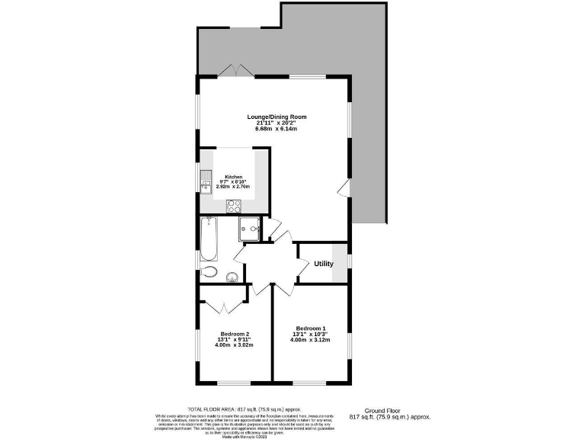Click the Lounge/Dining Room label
pyautogui.click(x=276, y=117)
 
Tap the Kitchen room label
pyautogui.click(x=232, y=175)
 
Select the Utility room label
pyautogui.click(x=324, y=264)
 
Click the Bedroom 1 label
pyautogui.click(x=311, y=328)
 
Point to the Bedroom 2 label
pyautogui.click(x=235, y=334)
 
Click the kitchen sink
pyautogui.click(x=206, y=182)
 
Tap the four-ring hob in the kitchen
pyautogui.click(x=234, y=206)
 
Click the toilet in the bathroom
pyautogui.click(x=211, y=273)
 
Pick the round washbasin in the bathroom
pyautogui.click(x=233, y=276)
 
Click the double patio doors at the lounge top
pyautogui.click(x=234, y=71)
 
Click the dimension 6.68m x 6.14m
pyautogui.click(x=276, y=130)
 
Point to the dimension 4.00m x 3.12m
pyautogui.click(x=311, y=340)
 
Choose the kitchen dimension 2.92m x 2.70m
pyautogui.click(x=232, y=187)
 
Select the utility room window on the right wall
pyautogui.click(x=349, y=262)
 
